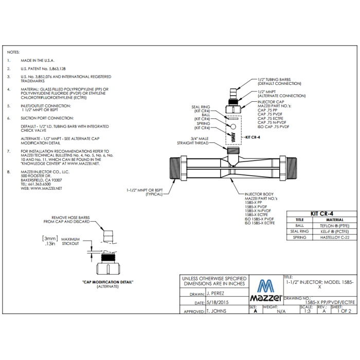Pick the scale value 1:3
pos(308,311)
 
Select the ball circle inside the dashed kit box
pos(233,127)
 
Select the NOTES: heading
pos(13,52)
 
